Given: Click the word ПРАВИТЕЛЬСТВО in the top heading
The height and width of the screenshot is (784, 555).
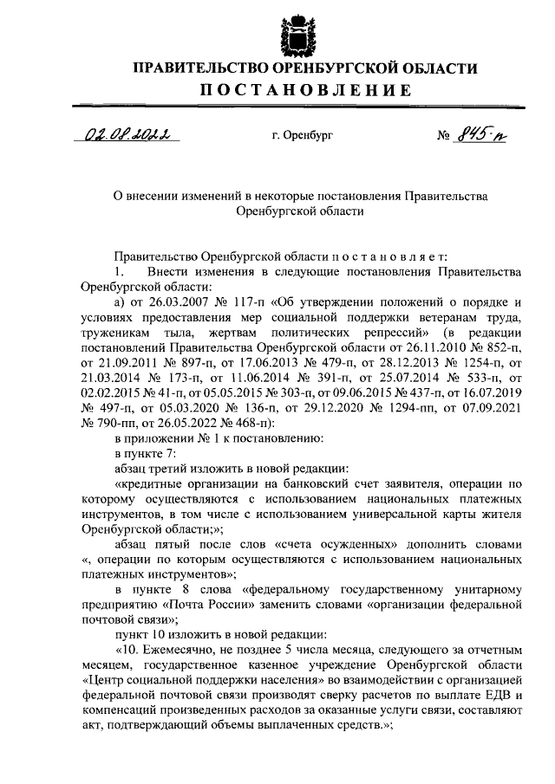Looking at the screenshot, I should [200, 68].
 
